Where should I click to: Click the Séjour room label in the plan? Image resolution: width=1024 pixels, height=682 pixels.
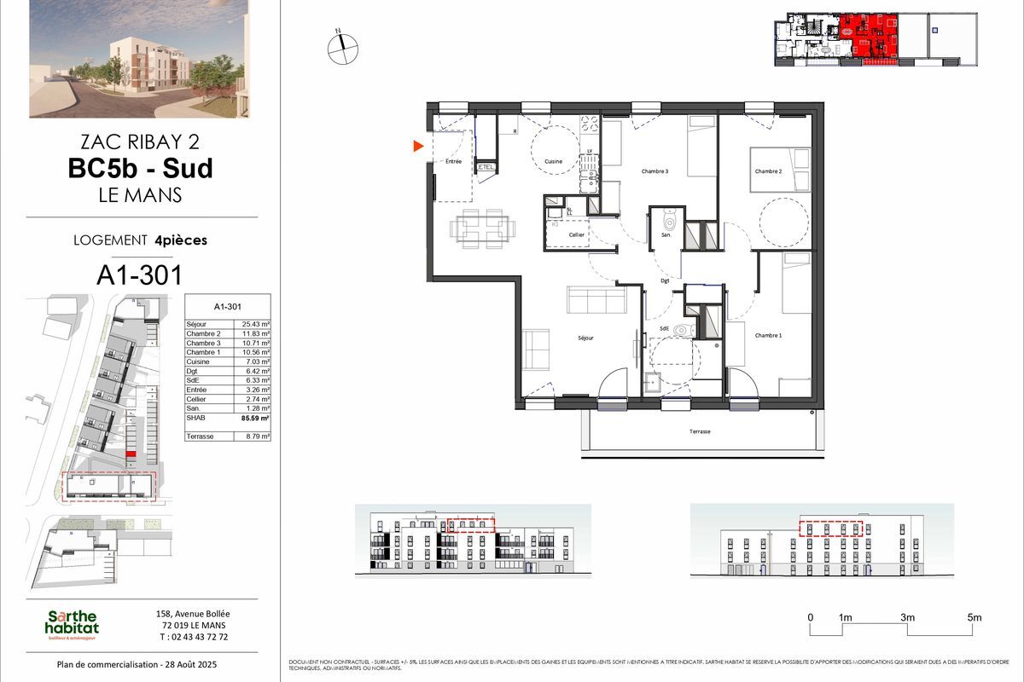pos(585,338)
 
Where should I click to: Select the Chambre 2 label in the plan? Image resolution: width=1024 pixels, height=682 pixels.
pos(768,171)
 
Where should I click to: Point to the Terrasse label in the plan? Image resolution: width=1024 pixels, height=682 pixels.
pos(701,432)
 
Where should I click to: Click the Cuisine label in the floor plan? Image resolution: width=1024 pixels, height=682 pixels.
pos(554,161)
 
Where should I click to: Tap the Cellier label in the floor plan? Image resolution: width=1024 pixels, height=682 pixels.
pos(577,234)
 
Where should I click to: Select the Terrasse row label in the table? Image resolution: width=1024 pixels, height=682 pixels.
pos(201,436)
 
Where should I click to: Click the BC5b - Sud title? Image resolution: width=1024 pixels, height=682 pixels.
pos(140,168)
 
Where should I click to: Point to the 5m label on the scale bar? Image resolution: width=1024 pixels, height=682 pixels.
pos(975,617)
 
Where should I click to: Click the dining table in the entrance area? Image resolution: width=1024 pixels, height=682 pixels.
pos(482,226)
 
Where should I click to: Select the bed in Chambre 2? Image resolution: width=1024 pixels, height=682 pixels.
pos(778,169)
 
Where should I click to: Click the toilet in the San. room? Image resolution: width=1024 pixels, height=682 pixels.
pos(670,224)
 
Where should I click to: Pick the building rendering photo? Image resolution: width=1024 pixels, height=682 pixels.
pos(139,58)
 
